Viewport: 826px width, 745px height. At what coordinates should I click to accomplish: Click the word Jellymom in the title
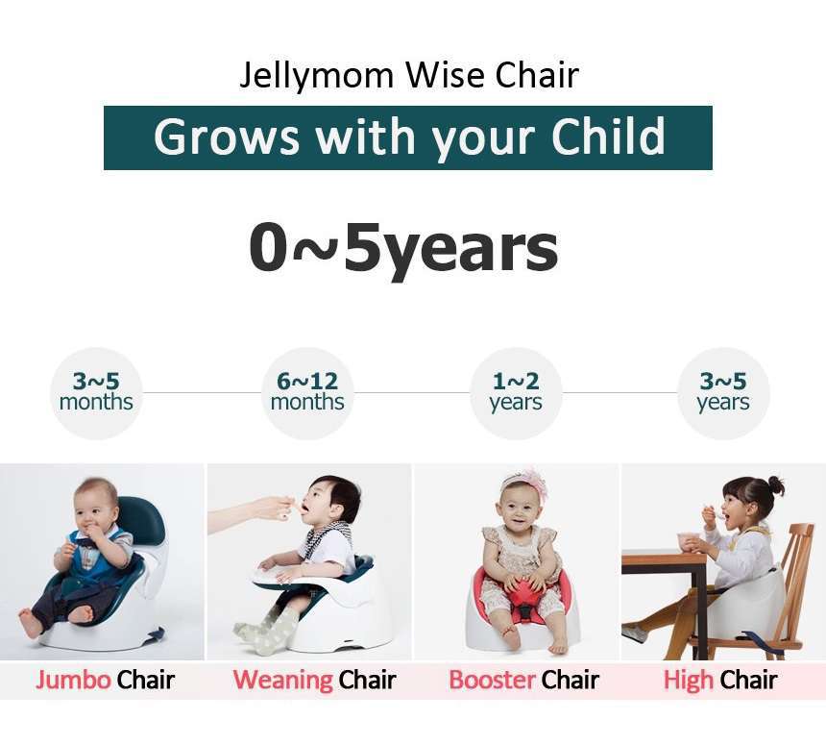[x=316, y=76]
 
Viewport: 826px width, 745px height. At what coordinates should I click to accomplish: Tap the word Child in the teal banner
[x=608, y=137]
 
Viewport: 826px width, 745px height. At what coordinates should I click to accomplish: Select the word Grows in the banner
[x=226, y=137]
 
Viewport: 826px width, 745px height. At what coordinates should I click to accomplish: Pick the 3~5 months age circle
[x=96, y=393]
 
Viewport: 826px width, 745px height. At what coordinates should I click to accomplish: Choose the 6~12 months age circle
[x=307, y=393]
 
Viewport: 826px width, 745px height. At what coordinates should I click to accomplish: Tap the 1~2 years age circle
[x=516, y=393]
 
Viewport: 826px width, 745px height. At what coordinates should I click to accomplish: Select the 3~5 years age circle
[x=722, y=393]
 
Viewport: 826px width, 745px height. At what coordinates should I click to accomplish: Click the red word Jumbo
[x=73, y=680]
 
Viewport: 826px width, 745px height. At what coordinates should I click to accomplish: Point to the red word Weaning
[x=282, y=680]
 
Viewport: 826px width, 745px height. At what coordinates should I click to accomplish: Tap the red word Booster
[x=492, y=680]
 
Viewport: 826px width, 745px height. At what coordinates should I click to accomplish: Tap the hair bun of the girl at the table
[x=775, y=484]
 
